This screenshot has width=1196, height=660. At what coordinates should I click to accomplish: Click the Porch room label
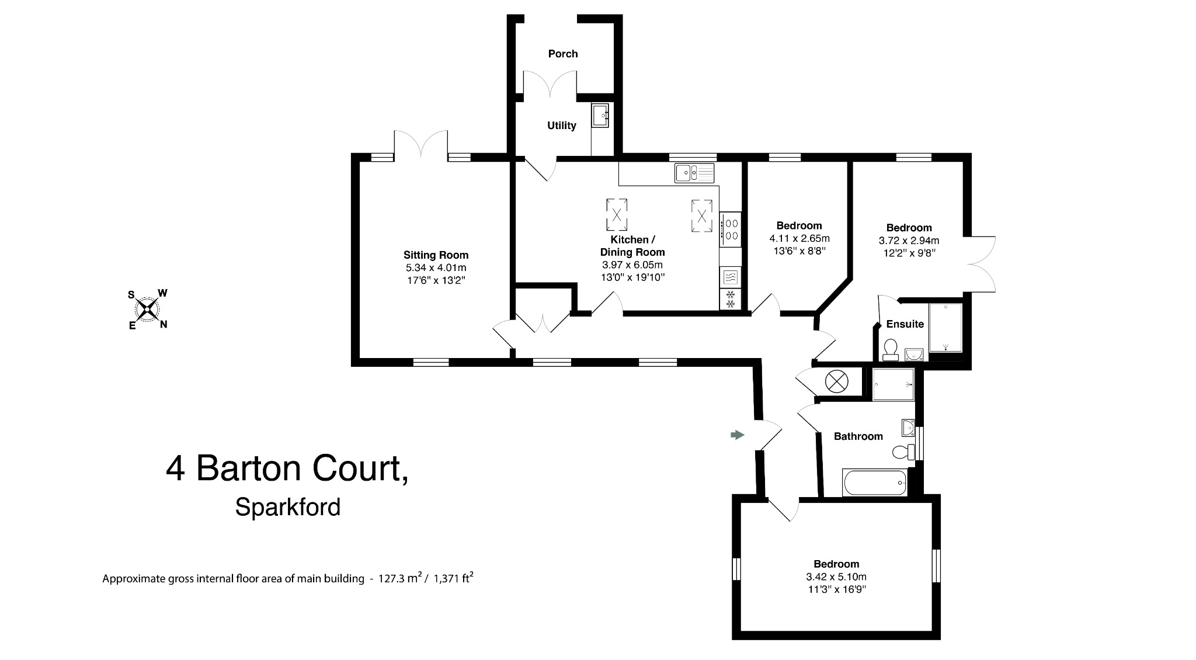tap(563, 54)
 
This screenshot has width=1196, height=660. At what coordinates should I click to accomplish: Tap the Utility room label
tap(561, 126)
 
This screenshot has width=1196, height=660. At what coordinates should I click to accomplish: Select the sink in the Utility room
tap(600, 116)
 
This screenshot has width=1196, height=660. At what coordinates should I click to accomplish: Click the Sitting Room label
tap(436, 255)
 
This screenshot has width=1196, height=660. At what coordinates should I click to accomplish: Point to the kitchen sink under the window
tap(694, 173)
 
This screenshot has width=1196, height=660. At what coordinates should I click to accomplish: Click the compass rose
tap(148, 308)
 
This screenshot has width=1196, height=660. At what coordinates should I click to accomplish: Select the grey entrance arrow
tap(738, 435)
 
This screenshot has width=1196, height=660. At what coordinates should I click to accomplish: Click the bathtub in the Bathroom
tap(874, 483)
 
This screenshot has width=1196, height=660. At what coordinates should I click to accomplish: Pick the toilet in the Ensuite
tap(890, 350)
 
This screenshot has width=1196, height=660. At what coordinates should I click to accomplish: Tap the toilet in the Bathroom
tap(903, 451)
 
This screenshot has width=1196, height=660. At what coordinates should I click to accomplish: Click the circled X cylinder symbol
tap(836, 382)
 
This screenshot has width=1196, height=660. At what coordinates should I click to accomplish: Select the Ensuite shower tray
tap(945, 328)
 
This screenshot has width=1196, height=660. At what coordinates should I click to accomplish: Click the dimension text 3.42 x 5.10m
tap(836, 576)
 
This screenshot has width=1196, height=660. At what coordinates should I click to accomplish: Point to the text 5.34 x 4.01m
tap(436, 268)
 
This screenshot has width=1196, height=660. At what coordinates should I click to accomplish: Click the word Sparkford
tap(287, 507)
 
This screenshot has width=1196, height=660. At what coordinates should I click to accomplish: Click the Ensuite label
tap(905, 324)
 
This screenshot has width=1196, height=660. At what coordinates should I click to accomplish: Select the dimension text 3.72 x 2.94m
tap(908, 241)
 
